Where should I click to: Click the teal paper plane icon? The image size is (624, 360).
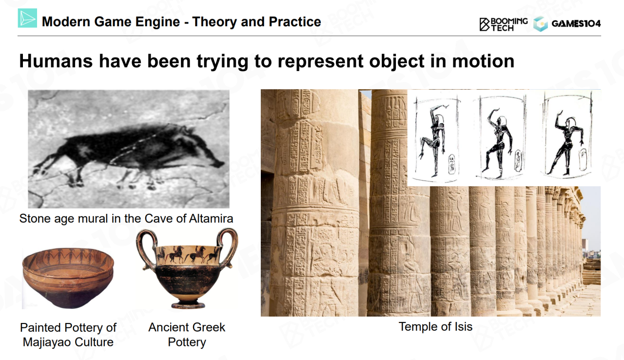pos(27,18)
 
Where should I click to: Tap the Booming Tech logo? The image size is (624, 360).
pos(504,24)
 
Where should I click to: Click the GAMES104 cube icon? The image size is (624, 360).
pos(540,24)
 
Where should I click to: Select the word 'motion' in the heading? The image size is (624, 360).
pos(483,61)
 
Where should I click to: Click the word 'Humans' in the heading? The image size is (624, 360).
pos(56,61)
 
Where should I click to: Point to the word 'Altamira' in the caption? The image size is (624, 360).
pos(211,219)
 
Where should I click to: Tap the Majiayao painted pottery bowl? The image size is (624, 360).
pos(68,278)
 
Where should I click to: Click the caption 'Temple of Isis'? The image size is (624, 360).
pos(435,326)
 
